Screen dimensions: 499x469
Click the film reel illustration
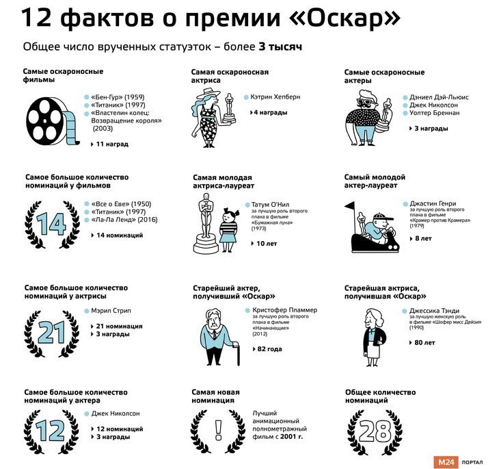tap(53, 121)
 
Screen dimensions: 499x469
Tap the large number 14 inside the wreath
tap(51, 223)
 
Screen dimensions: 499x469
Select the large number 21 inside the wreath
tap(51, 332)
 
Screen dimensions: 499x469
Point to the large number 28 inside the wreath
tap(375, 431)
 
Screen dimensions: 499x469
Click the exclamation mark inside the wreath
tap(218, 430)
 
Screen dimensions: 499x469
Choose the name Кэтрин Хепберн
tap(275, 97)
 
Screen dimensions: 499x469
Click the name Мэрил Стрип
tap(111, 311)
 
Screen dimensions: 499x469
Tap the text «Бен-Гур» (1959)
tap(118, 97)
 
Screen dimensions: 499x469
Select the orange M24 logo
tap(446, 462)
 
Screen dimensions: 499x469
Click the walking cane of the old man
tap(237, 353)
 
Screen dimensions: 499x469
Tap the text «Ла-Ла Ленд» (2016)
tap(124, 220)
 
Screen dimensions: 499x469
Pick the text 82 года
tap(269, 349)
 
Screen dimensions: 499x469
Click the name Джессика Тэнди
tap(434, 311)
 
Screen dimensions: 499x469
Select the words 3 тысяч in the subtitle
tap(280, 47)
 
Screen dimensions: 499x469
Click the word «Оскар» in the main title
tap(345, 18)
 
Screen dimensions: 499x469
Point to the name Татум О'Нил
tap(270, 204)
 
